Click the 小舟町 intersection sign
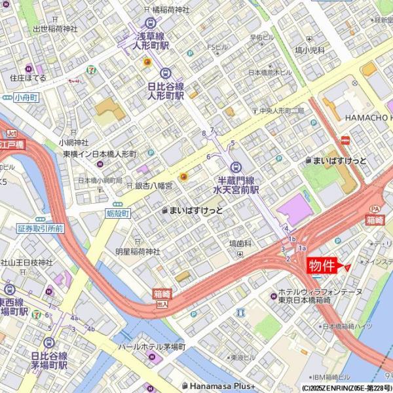pos(26,97)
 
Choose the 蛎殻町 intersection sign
pos(119,214)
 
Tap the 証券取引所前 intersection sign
pos(41,229)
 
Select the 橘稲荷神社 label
pos(166,10)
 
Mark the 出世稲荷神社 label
pos(55,29)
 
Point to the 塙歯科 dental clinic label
pos(240,243)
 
